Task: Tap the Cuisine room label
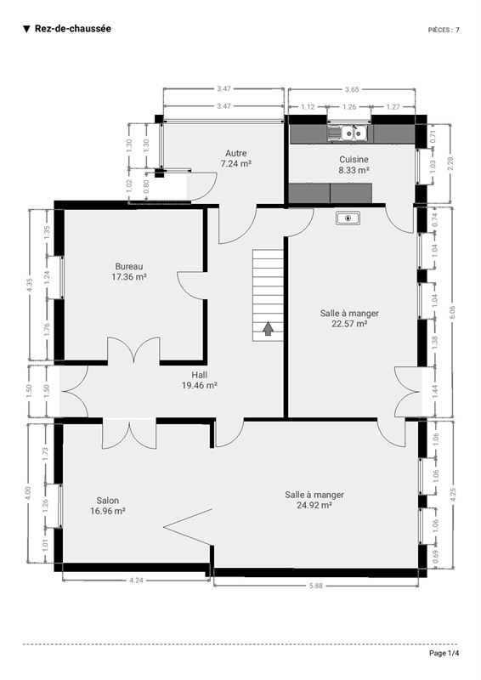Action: (x=354, y=159)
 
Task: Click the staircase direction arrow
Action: (x=268, y=329)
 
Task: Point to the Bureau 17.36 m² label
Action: (x=129, y=271)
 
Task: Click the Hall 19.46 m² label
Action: (x=199, y=380)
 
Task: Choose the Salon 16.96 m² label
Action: (x=108, y=506)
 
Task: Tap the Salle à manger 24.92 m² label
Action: (x=314, y=500)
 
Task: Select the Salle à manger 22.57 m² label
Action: (x=349, y=318)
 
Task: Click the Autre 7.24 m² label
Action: (x=236, y=158)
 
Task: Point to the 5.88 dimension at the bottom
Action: (x=316, y=586)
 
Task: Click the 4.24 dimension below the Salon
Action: (x=136, y=581)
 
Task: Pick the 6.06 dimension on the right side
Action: (x=452, y=312)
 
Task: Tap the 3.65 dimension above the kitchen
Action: (x=352, y=89)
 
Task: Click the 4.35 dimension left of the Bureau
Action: (x=29, y=285)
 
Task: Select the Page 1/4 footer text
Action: (x=444, y=653)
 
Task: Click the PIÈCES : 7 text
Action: (x=444, y=30)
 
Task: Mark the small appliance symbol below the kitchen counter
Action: (x=348, y=218)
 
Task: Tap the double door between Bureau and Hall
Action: (x=134, y=350)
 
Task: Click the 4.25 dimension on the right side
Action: (x=453, y=495)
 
